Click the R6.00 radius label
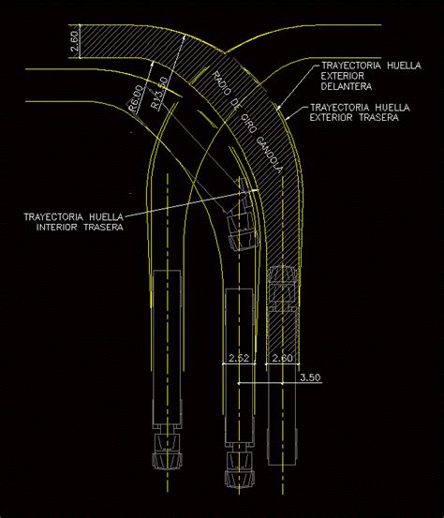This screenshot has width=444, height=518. pyautogui.click(x=135, y=99)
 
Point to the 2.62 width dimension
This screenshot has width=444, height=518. pyautogui.click(x=239, y=359)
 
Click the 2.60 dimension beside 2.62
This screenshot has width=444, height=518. pyautogui.click(x=282, y=359)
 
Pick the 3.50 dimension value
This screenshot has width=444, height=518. pyautogui.click(x=312, y=377)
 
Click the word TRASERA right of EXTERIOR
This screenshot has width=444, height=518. pyautogui.click(x=377, y=118)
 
